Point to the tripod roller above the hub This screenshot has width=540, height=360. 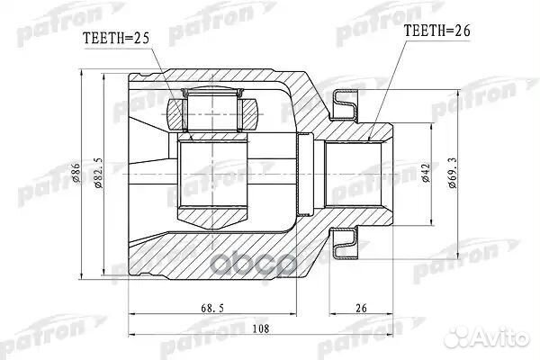214,113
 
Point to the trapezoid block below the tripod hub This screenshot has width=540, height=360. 214,215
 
